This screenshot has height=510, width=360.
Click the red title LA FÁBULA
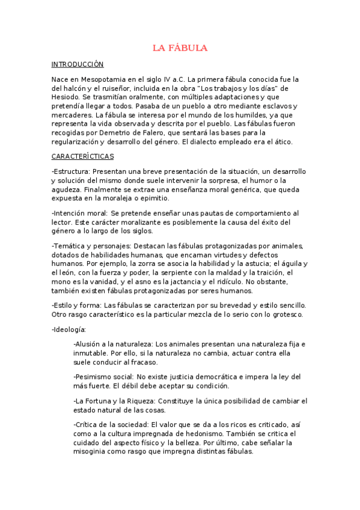tap(180, 48)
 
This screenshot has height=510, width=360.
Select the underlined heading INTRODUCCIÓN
tap(78, 64)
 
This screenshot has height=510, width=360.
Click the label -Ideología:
tap(69, 329)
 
